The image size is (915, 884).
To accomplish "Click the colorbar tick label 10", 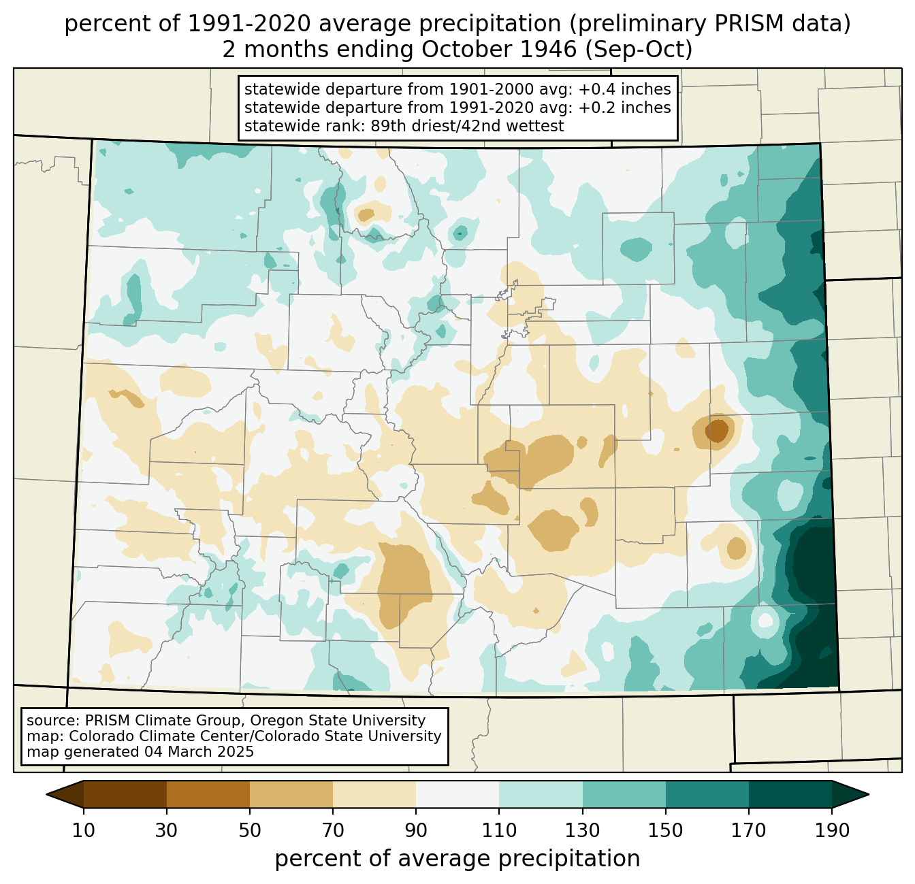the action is (x=83, y=830).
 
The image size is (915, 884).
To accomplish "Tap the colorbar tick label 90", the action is (x=416, y=830).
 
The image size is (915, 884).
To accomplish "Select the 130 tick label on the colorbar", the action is (x=582, y=830).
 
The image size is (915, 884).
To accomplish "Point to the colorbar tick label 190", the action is (x=832, y=830).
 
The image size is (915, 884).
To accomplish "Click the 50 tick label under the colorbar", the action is (x=250, y=830).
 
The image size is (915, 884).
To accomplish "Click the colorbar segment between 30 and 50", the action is (x=208, y=794).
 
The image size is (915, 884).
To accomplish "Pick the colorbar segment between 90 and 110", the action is (x=457, y=794).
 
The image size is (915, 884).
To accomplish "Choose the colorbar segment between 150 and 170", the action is (x=707, y=794).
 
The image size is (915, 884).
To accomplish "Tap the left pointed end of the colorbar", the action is (x=46, y=795).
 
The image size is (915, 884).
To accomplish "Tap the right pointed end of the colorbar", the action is (x=869, y=795).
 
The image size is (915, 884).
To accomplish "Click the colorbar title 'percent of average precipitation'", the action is (x=457, y=859).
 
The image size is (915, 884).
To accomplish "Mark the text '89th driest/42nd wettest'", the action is (x=467, y=126).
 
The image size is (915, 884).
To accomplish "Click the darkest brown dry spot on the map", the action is (x=717, y=430).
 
